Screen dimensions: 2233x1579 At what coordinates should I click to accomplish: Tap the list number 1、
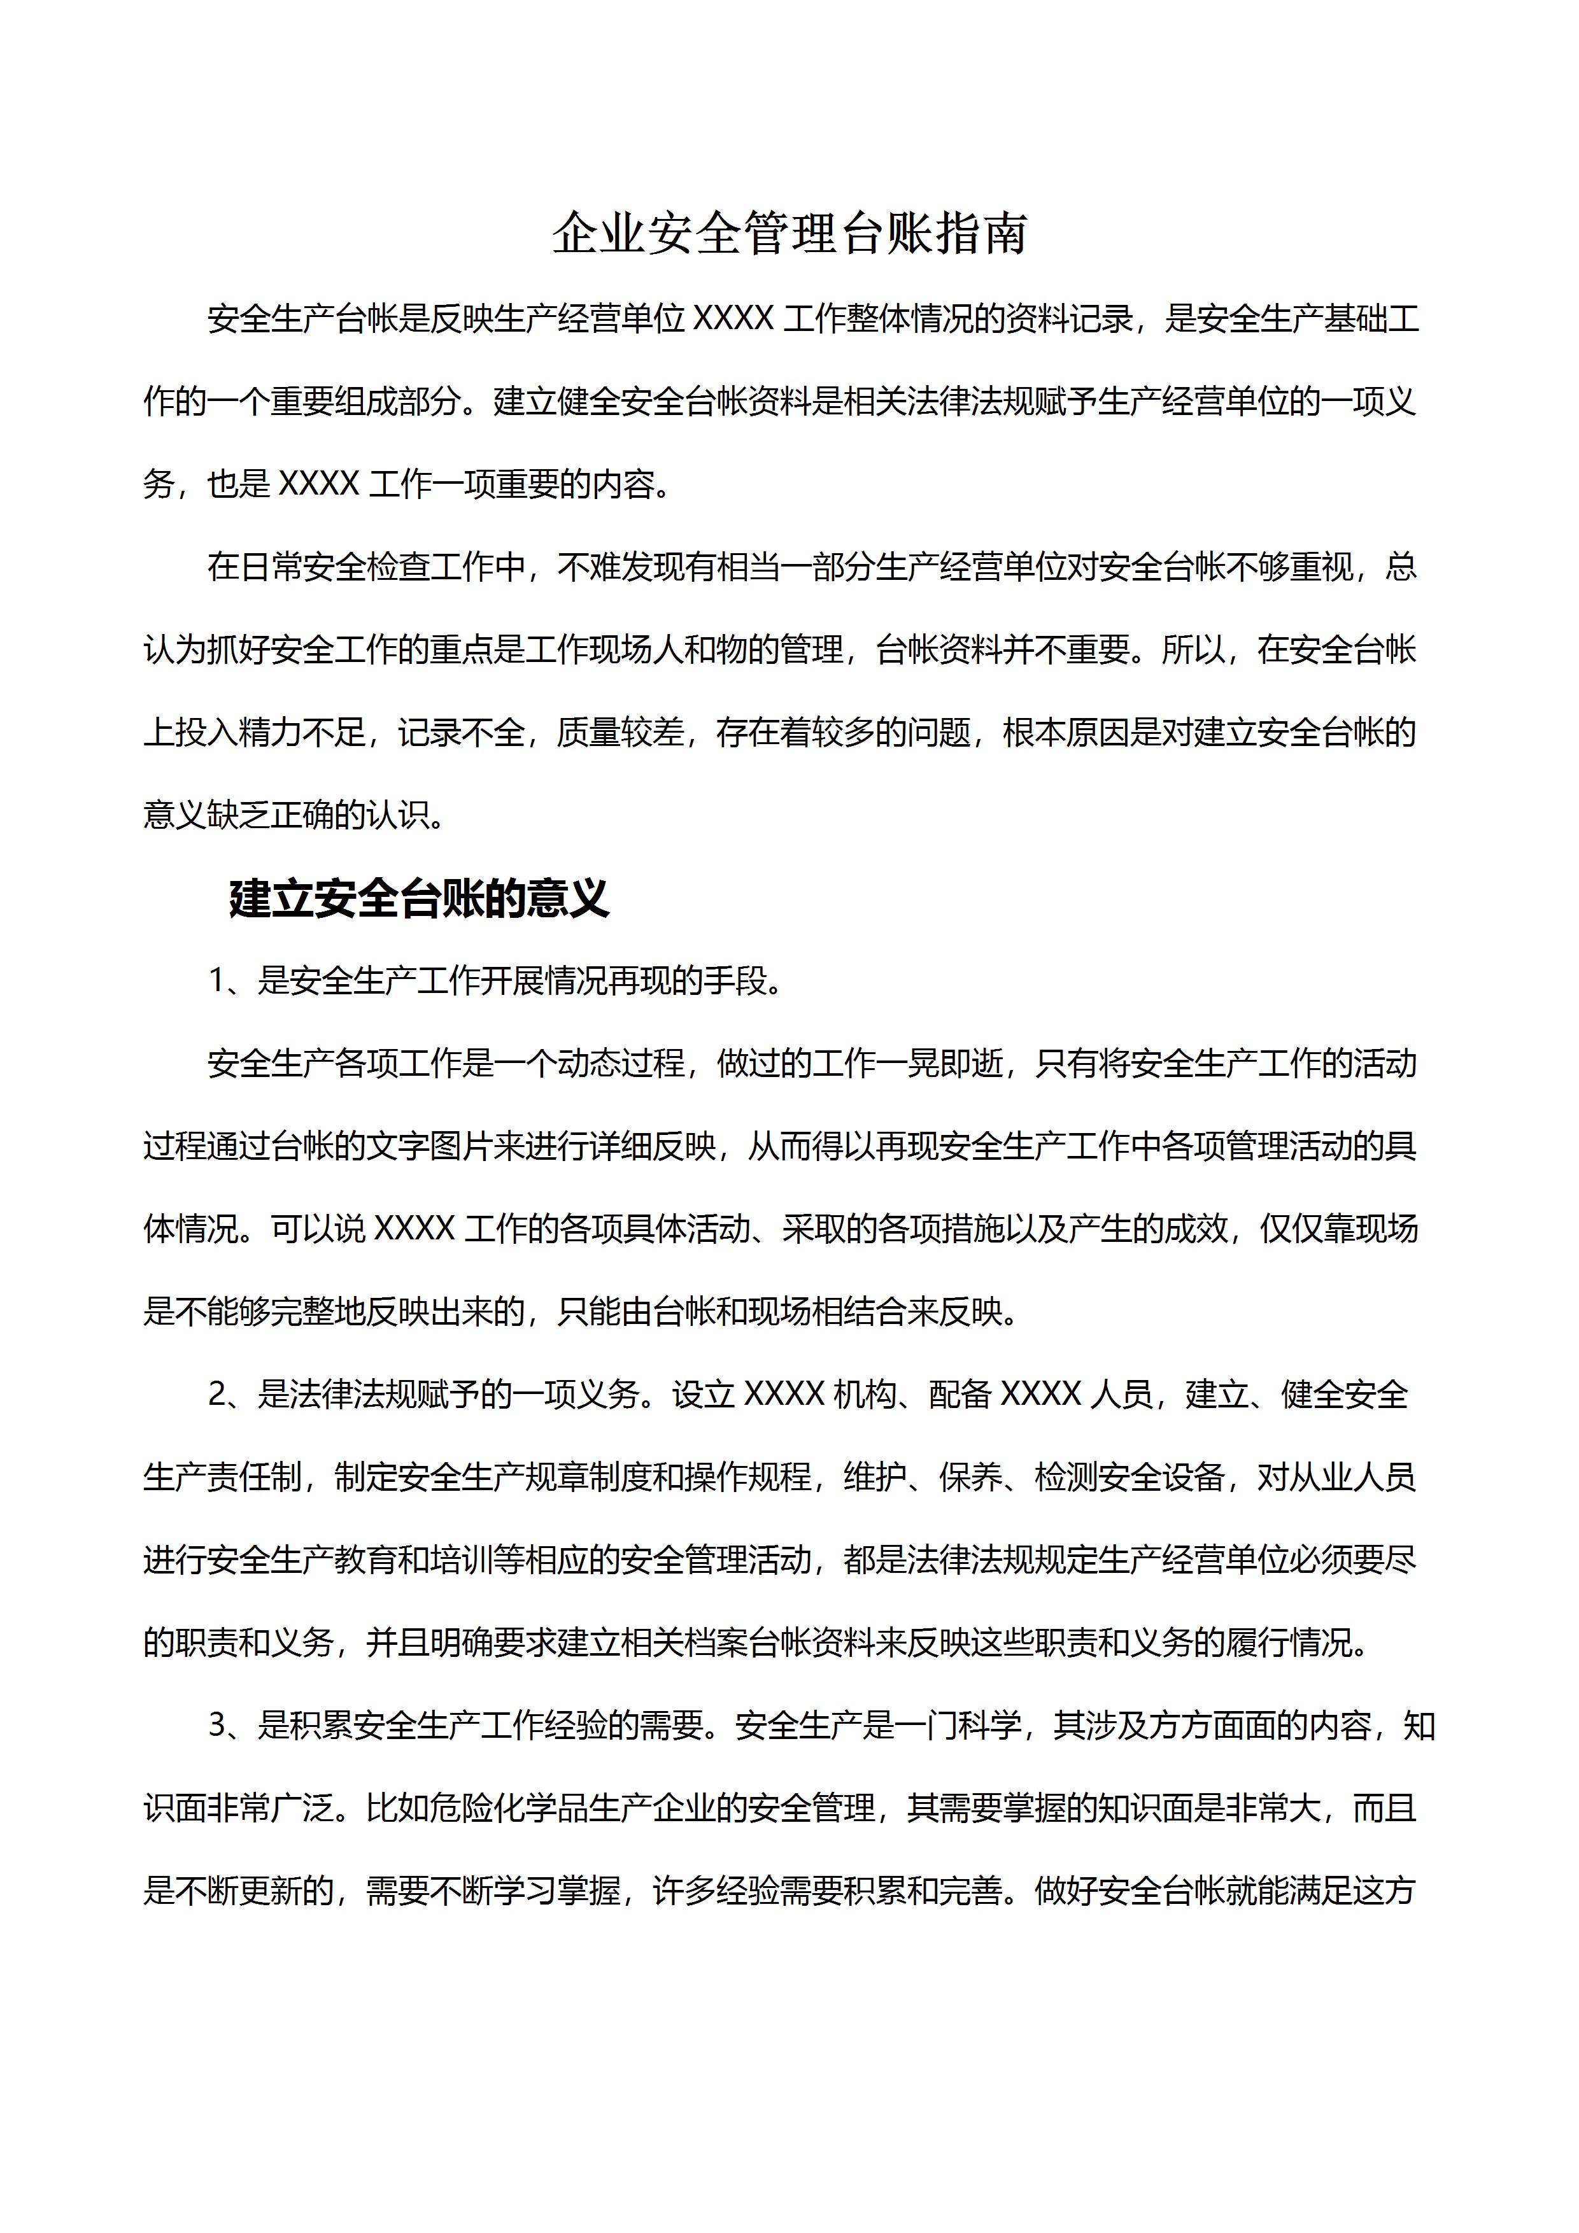[230, 982]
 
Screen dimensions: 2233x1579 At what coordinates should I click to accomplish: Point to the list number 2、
[230, 1395]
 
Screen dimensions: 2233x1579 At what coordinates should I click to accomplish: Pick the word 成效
[1194, 1229]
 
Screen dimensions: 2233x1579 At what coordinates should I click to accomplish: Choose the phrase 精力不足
[302, 732]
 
